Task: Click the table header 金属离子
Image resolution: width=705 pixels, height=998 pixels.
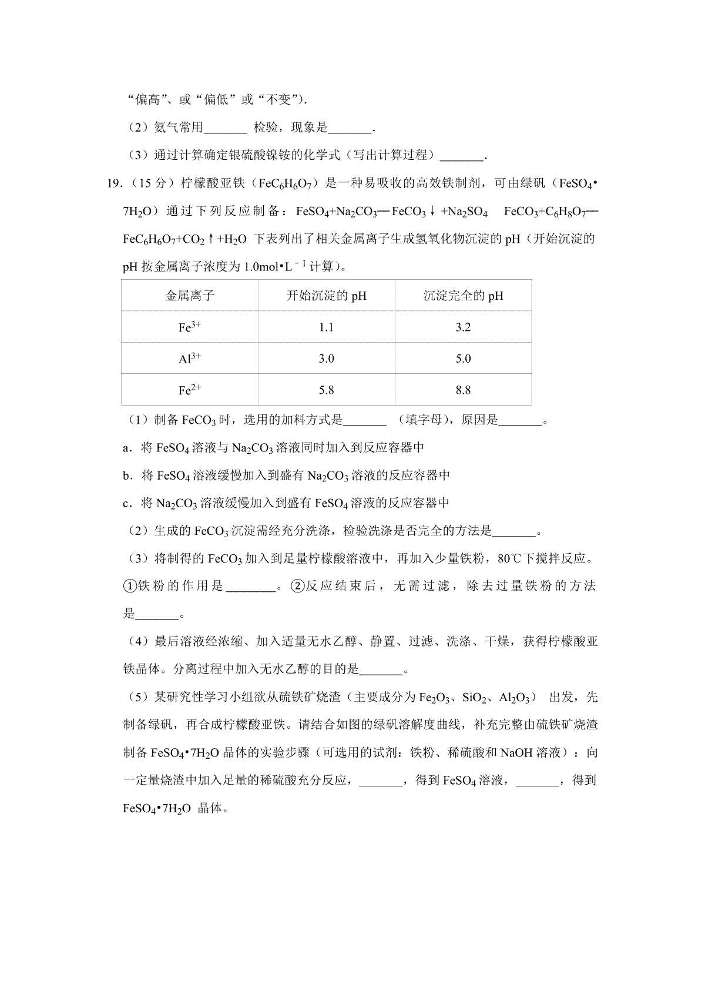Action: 190,296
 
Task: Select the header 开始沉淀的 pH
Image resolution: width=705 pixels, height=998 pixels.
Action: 326,296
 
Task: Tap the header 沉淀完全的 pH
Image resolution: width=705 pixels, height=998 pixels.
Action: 463,296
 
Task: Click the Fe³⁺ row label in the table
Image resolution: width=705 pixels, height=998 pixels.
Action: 189,327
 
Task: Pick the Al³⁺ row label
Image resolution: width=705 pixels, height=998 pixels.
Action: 189,359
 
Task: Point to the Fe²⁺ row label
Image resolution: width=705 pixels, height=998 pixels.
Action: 189,390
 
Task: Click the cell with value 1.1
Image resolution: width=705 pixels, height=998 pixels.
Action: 326,327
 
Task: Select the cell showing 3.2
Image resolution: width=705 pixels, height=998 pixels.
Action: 463,327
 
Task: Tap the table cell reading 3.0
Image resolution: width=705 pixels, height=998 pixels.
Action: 326,359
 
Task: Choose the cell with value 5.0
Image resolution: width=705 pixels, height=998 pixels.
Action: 463,359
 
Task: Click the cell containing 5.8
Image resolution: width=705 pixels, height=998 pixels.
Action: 326,390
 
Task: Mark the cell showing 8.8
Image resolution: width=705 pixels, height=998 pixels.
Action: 463,390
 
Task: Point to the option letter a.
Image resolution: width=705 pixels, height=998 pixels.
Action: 126,448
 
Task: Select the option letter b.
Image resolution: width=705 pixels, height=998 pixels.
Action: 126,475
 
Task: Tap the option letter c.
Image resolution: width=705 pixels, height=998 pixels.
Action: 126,503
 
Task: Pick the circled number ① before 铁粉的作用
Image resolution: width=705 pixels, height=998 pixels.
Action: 129,586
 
